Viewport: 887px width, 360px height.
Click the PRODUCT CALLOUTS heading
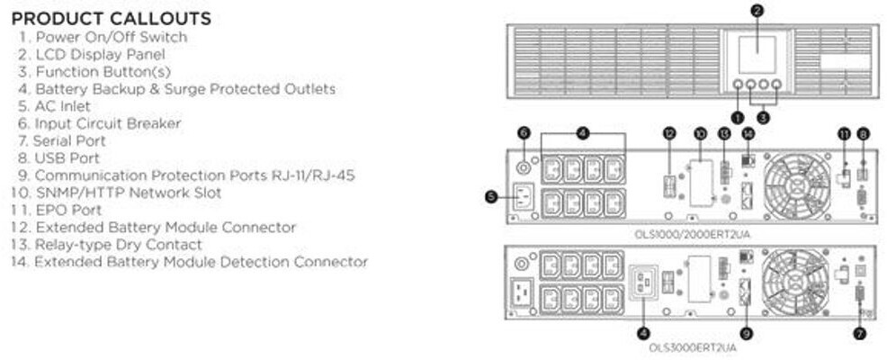point(112,18)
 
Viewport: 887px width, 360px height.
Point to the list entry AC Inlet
point(62,105)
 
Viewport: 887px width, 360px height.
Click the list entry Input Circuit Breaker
point(107,123)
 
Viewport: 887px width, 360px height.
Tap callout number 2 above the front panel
point(757,11)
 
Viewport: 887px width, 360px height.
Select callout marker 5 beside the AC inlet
point(491,196)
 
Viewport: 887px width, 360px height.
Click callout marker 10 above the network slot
point(700,133)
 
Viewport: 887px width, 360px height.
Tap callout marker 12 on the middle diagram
point(668,133)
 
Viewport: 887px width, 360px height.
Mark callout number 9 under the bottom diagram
point(745,333)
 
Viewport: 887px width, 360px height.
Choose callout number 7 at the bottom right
point(862,333)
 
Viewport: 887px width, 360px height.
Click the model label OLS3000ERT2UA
point(692,346)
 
